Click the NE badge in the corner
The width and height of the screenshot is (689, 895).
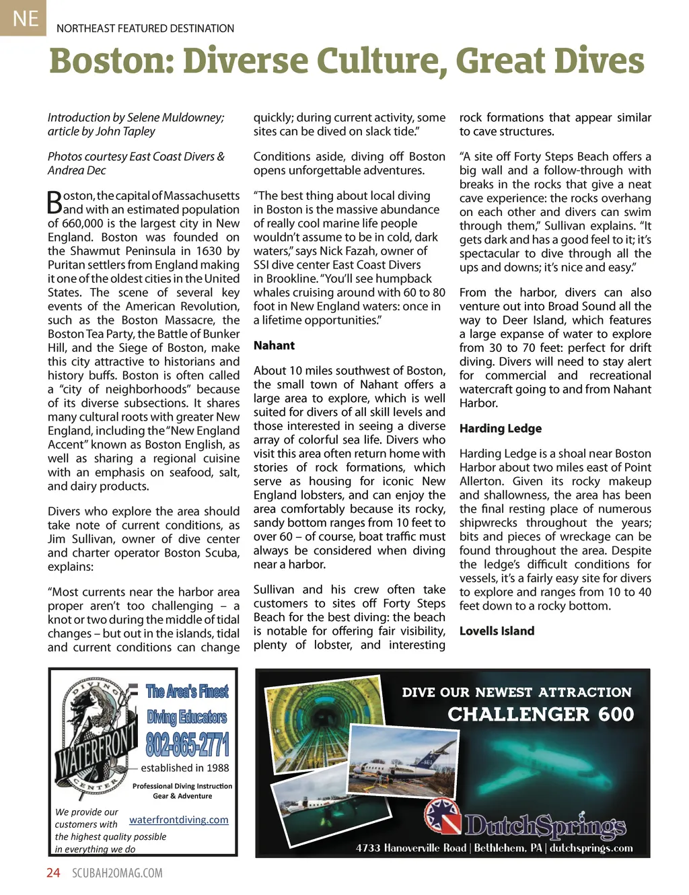coord(24,17)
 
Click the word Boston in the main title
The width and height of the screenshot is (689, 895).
coord(111,61)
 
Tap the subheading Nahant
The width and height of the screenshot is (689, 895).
coord(274,345)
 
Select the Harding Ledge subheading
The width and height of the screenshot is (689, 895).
coord(500,429)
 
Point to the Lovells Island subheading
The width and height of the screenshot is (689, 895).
coord(497,631)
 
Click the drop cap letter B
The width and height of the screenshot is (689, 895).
coord(55,202)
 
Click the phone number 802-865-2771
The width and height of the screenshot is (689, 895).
coord(188,745)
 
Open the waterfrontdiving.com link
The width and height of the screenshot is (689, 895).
coord(178,820)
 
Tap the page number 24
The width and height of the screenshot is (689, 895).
coord(53,873)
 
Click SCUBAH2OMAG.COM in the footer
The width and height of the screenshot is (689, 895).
coord(117,873)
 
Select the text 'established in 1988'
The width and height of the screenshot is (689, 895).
coord(184,768)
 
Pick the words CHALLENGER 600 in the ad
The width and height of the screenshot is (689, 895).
coord(540,714)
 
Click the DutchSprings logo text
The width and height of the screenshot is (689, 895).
coord(545,826)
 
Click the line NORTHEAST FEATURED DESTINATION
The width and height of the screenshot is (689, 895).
coord(145,28)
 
